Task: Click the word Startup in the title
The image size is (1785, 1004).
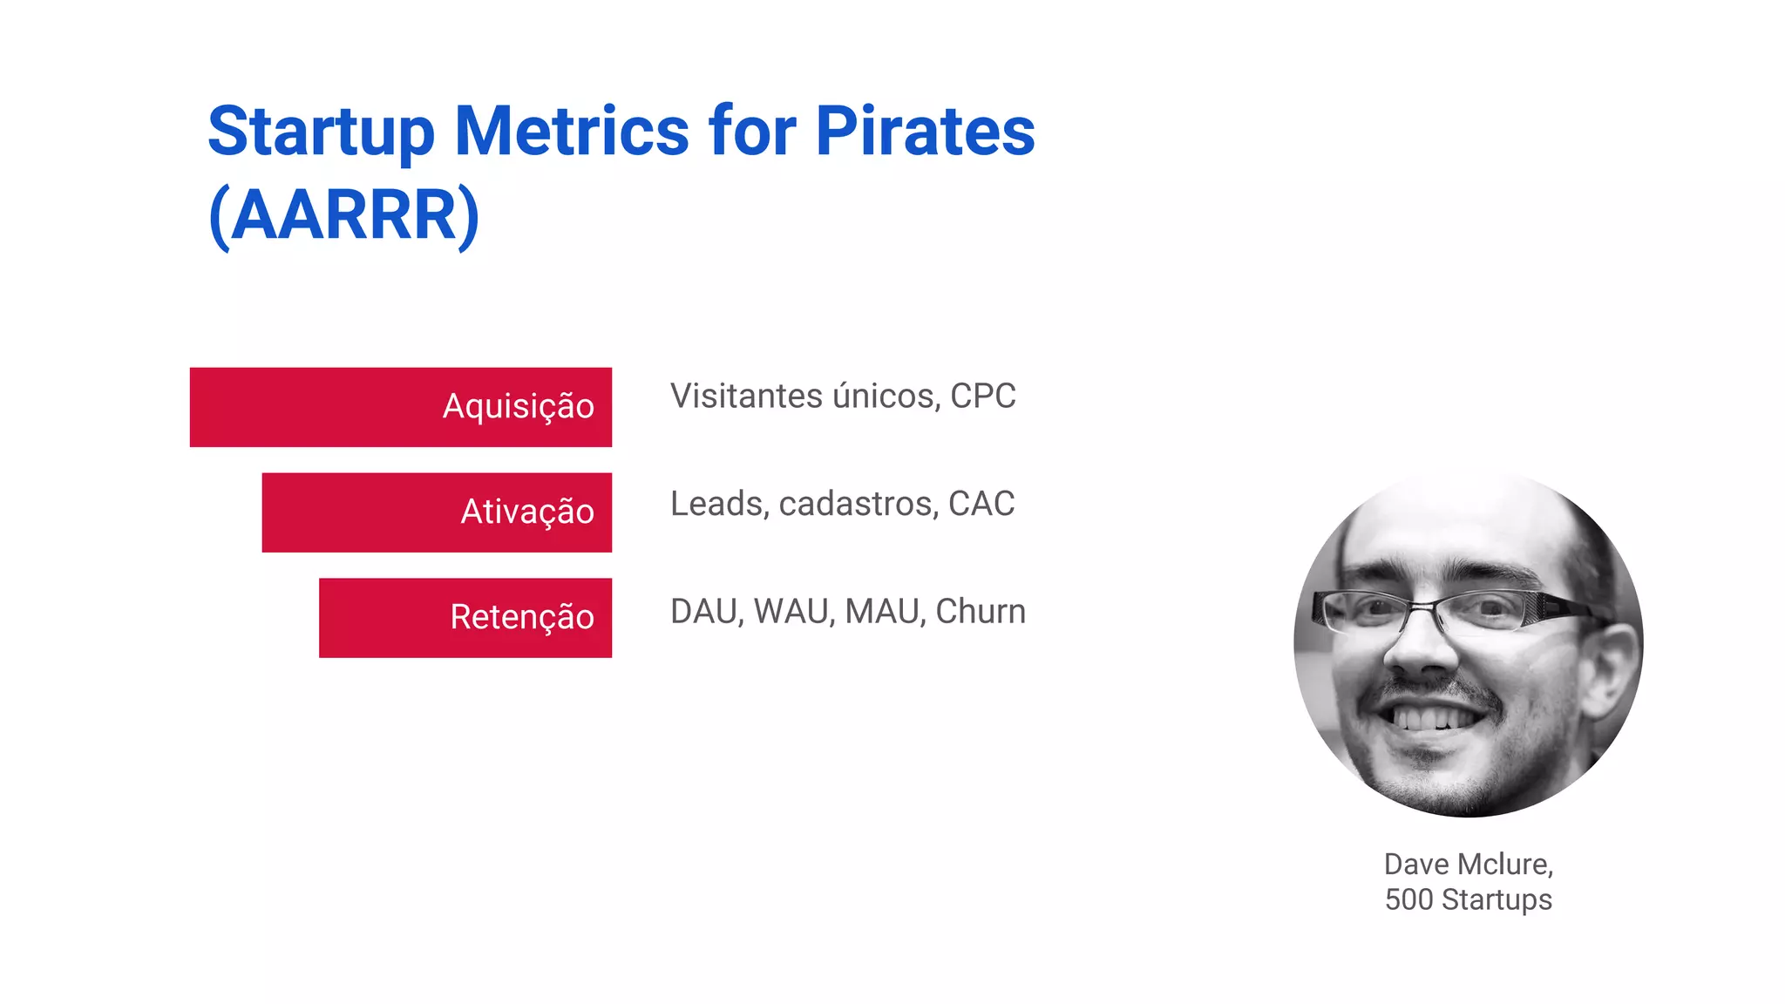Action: point(320,132)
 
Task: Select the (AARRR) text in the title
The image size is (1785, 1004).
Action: point(343,216)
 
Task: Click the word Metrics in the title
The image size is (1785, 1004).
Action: point(572,132)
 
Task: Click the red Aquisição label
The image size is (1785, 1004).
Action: point(518,407)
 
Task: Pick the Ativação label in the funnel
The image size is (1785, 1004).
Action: point(526,512)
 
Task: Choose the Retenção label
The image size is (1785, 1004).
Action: point(521,618)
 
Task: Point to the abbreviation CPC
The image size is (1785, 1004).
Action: point(982,397)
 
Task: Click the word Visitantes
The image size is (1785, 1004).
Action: point(746,397)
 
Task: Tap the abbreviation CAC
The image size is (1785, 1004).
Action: point(981,504)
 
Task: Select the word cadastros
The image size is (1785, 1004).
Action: point(858,504)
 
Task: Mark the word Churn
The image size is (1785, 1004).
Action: point(980,612)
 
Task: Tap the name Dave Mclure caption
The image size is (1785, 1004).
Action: point(1468,865)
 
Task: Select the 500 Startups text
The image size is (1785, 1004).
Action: point(1468,899)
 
